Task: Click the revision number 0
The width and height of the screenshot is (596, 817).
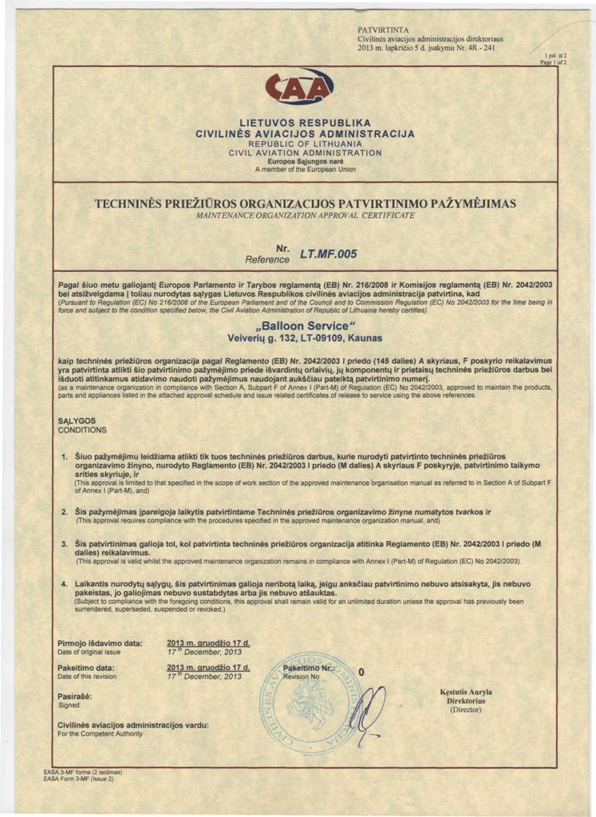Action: (x=361, y=673)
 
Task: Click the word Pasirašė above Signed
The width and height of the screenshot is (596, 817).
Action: (x=74, y=697)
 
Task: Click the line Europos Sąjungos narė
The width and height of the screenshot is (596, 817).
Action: (x=298, y=160)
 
